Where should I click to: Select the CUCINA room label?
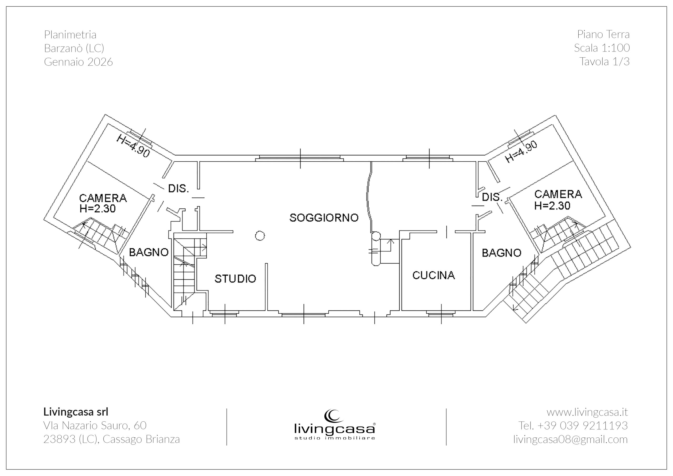tap(434, 275)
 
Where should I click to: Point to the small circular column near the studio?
tap(260, 236)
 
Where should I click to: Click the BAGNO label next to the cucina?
tap(502, 253)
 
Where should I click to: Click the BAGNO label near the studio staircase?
tap(149, 252)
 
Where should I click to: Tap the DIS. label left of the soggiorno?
tap(179, 188)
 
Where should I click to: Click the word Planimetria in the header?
tap(70, 35)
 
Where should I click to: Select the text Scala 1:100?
tap(602, 48)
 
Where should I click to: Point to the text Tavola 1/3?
tap(604, 61)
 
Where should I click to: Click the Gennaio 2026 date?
tap(78, 62)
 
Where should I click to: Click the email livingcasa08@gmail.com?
tap(570, 439)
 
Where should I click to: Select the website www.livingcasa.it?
tap(587, 412)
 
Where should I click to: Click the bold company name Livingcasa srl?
tap(76, 412)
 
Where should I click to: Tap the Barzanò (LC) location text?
tap(74, 48)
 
